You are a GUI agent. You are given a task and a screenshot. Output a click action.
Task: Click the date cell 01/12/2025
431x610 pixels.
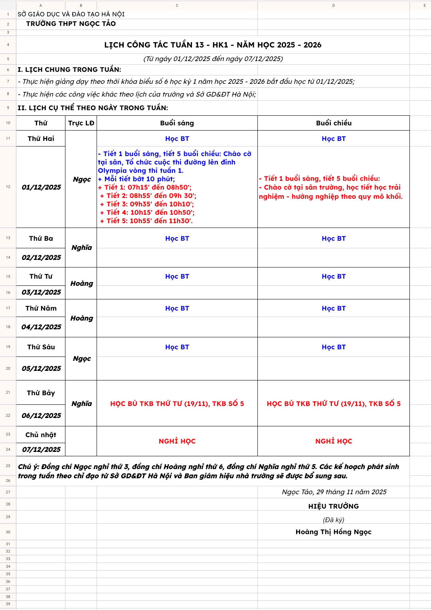click(x=41, y=187)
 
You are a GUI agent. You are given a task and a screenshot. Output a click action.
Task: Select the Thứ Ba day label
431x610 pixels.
click(x=41, y=238)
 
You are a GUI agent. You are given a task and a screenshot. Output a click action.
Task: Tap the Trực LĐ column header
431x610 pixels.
click(x=81, y=123)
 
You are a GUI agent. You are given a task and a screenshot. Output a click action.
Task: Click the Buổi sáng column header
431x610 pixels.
click(x=177, y=123)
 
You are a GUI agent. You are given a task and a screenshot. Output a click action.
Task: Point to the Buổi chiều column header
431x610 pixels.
click(x=334, y=123)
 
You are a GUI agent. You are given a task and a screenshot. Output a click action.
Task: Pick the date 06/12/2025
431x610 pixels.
click(x=41, y=416)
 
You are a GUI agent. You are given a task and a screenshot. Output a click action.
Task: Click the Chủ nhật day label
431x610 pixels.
click(x=41, y=435)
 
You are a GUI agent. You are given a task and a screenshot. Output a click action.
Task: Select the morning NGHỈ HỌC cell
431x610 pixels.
click(x=177, y=441)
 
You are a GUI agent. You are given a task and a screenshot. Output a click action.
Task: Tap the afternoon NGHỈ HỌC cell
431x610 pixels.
click(x=334, y=441)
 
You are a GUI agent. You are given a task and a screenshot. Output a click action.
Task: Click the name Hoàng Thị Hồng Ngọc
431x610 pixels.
click(x=333, y=532)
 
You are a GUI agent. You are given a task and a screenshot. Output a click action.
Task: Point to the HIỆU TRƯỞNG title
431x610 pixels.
click(x=333, y=506)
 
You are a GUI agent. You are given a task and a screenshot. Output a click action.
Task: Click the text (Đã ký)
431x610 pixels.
click(x=333, y=520)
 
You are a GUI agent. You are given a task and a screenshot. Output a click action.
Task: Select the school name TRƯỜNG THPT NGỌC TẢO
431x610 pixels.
click(x=71, y=24)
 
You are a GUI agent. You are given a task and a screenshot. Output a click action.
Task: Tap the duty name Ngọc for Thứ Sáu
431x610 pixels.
click(x=81, y=358)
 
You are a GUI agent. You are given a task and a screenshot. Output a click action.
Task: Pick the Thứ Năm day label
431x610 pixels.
click(x=41, y=308)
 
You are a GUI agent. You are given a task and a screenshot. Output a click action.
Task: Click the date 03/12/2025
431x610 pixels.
click(x=41, y=292)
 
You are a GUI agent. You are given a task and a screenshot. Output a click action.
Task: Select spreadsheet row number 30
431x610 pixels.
click(x=8, y=532)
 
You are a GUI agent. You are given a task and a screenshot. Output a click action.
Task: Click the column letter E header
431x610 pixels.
click(x=425, y=6)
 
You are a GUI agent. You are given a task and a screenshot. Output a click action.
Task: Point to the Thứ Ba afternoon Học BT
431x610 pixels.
click(x=334, y=238)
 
